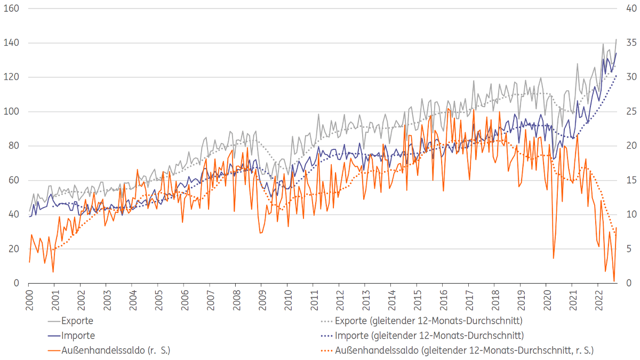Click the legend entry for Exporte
[x=77, y=321]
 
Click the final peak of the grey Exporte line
[x=617, y=39]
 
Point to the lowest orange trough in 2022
[x=614, y=281]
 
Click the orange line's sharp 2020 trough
[x=553, y=258]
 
